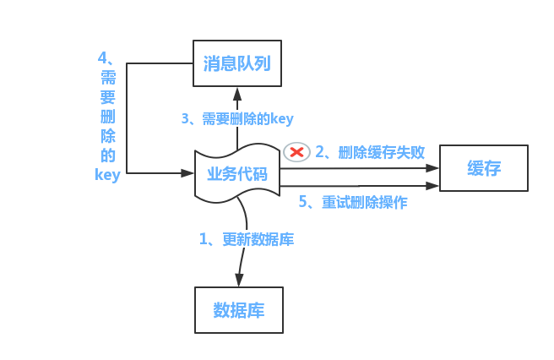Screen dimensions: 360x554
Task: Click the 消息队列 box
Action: coord(236,63)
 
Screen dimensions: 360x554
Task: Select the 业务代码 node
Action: coord(237,174)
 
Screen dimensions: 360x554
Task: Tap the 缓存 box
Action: coord(484,168)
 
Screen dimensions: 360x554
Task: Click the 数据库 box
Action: coord(239,309)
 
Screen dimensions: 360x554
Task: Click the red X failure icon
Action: coord(296,151)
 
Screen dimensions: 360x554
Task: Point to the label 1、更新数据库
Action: coord(247,239)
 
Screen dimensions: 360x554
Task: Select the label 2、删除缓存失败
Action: coord(370,152)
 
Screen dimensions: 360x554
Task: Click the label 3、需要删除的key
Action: coord(237,119)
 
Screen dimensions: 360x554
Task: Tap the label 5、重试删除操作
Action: coord(353,203)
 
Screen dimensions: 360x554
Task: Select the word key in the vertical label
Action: coord(107,175)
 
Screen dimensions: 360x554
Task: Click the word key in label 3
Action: coord(281,119)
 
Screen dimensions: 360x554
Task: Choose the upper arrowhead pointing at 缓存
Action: coord(433,167)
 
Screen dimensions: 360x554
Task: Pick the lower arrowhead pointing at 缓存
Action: coord(433,185)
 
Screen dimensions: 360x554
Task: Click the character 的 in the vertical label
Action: coord(107,155)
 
